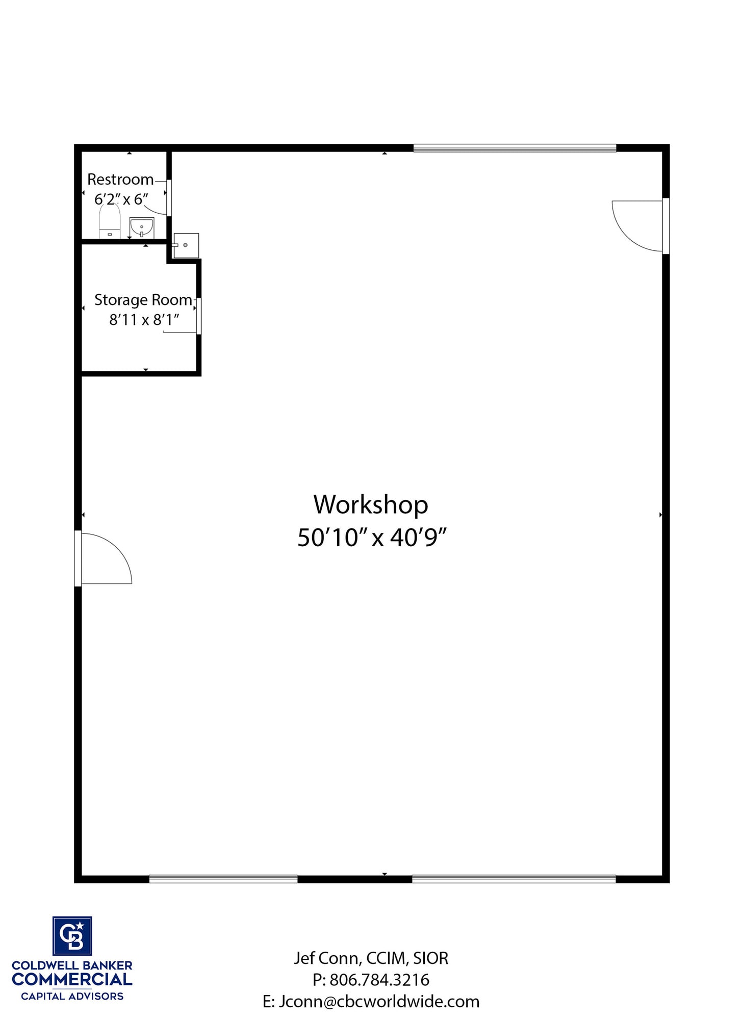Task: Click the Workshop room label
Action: point(371,505)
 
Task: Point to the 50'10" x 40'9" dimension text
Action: point(372,538)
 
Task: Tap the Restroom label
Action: point(120,180)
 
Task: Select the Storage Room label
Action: point(143,300)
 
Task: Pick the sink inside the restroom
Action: point(142,227)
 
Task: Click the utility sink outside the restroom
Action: point(186,246)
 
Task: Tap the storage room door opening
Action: point(198,316)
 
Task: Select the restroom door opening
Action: point(169,197)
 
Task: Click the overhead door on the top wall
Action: point(515,148)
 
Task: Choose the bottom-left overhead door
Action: point(223,879)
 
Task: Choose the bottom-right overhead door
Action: point(514,879)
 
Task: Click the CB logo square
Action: point(72,935)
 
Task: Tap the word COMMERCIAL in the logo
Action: point(72,979)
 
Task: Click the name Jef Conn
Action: point(326,958)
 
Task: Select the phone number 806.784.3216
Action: point(379,980)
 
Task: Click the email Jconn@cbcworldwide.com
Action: point(379,1002)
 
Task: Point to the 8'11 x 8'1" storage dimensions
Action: point(144,320)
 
